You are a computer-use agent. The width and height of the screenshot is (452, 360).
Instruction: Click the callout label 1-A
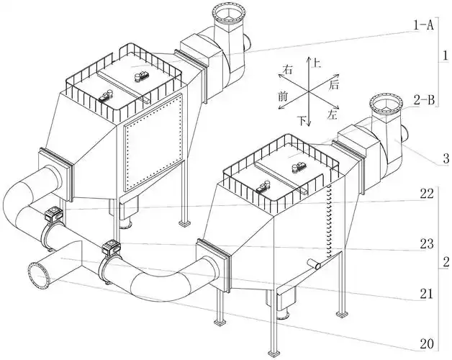click(x=424, y=26)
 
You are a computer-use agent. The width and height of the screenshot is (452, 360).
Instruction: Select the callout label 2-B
click(x=424, y=100)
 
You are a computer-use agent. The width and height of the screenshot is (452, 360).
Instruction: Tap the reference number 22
click(x=427, y=194)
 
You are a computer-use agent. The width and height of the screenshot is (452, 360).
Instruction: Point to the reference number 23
click(x=427, y=244)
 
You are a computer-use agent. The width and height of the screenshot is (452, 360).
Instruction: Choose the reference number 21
click(x=427, y=294)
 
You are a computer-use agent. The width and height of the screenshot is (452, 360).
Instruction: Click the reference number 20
click(x=427, y=344)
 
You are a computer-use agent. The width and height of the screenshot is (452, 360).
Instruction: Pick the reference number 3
click(x=446, y=158)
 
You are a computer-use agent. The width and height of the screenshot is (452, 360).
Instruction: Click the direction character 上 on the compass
click(x=317, y=63)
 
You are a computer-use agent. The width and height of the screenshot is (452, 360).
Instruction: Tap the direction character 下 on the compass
click(x=302, y=120)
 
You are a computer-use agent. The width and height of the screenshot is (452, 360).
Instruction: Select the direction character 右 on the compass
click(x=287, y=70)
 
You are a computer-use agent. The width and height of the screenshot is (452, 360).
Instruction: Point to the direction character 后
click(x=334, y=84)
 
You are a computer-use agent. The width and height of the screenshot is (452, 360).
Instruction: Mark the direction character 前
click(x=283, y=96)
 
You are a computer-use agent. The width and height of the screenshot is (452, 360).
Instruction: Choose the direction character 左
click(x=332, y=114)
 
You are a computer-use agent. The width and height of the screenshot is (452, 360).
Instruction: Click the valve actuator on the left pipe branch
click(x=53, y=215)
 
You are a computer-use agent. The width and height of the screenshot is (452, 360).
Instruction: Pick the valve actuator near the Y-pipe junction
click(x=111, y=248)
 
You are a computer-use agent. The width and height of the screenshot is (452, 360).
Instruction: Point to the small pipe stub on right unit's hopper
click(x=314, y=264)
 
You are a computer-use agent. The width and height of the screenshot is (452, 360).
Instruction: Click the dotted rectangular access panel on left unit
click(x=153, y=143)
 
